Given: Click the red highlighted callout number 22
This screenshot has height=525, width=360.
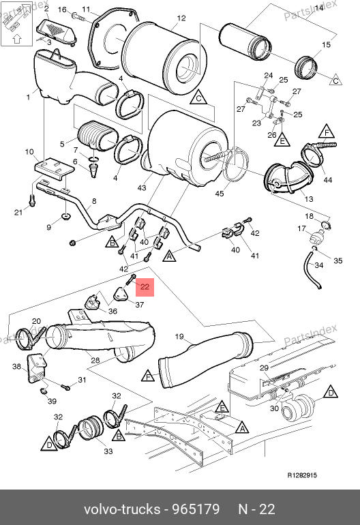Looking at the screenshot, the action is (145, 287).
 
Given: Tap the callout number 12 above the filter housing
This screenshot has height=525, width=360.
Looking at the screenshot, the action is (181, 18).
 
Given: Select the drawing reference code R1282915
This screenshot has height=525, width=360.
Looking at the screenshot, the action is (302, 475).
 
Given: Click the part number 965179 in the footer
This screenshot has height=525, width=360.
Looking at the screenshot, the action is (196, 509).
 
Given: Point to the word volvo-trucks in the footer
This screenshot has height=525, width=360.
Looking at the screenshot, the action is (122, 509).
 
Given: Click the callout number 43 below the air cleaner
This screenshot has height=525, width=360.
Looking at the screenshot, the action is (142, 187).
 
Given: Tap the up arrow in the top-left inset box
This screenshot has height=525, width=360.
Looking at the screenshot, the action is (17, 39).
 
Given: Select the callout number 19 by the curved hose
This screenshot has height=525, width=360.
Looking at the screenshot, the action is (179, 336).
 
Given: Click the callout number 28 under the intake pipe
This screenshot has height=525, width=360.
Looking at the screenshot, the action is (95, 360).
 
